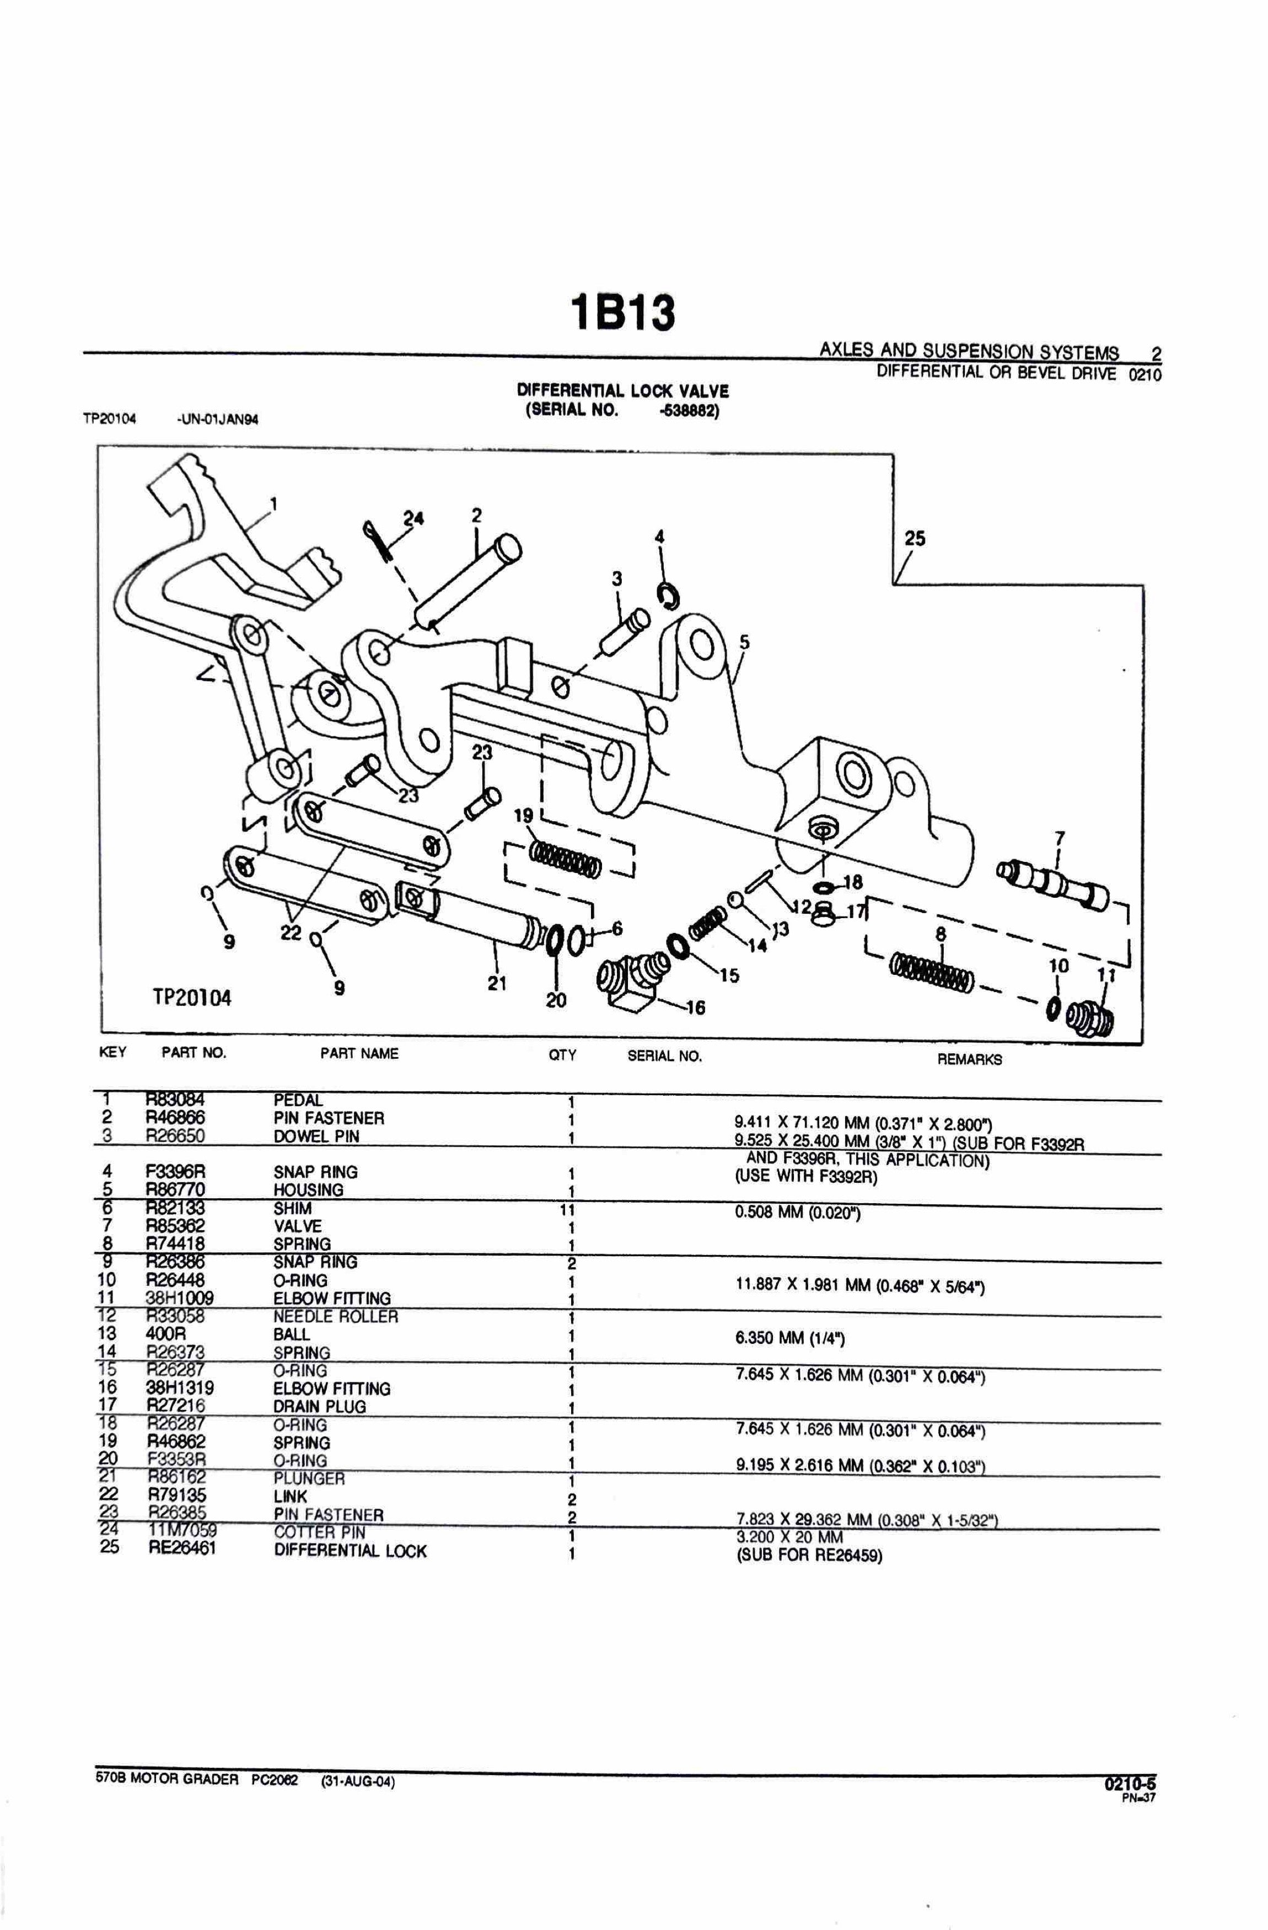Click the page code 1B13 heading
click(x=622, y=313)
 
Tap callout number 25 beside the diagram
click(x=915, y=538)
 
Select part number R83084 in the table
click(x=175, y=1100)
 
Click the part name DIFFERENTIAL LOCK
click(x=350, y=1551)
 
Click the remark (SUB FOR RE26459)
click(x=808, y=1556)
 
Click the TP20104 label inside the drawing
click(x=192, y=998)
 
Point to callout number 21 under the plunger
click(x=496, y=984)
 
